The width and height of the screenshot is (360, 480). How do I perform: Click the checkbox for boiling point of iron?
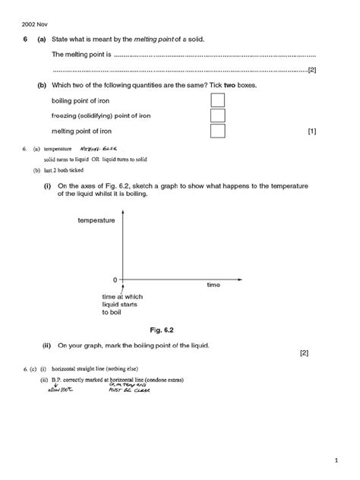tap(217, 100)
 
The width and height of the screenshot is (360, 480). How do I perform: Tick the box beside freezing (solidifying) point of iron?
tap(217, 115)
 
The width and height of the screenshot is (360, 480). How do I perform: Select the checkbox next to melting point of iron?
tap(217, 131)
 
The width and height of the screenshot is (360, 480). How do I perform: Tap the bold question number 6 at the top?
tap(26, 39)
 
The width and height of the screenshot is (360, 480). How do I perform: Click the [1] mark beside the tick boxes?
tap(311, 131)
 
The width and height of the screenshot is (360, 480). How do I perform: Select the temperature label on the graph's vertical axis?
tap(96, 220)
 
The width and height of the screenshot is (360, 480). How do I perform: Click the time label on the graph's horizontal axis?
tap(213, 285)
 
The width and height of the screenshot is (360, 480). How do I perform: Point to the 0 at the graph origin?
tap(115, 279)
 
